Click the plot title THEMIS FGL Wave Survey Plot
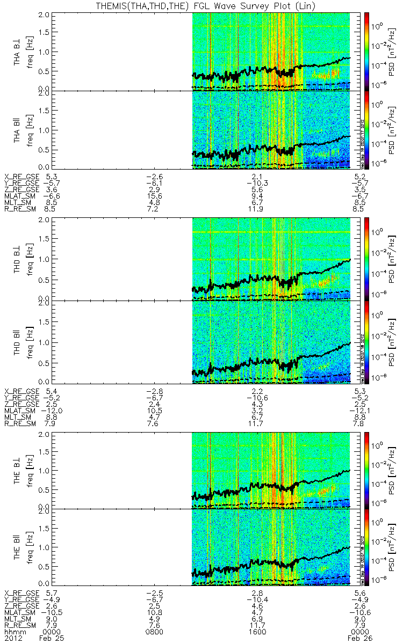pyautogui.click(x=201, y=5)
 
